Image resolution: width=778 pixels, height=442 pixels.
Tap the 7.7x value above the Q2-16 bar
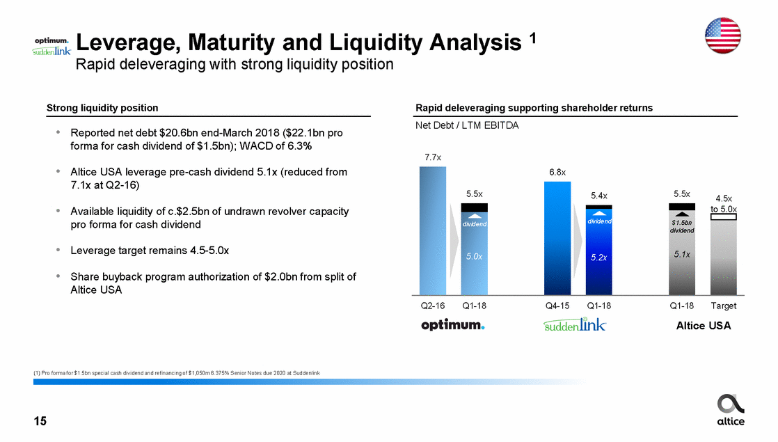[433, 158]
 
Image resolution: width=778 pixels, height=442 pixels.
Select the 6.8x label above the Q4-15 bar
[557, 172]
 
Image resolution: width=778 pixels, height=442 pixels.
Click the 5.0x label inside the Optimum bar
[475, 256]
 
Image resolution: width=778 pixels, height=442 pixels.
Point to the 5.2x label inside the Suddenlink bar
[598, 257]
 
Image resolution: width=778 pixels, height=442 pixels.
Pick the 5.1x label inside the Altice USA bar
[681, 255]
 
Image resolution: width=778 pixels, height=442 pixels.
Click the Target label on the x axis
[724, 306]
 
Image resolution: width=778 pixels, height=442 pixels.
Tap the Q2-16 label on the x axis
[433, 306]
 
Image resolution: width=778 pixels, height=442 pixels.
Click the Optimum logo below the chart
[453, 325]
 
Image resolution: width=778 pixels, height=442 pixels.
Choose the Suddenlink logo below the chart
[575, 325]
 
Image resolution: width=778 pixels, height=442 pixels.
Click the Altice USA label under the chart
[704, 325]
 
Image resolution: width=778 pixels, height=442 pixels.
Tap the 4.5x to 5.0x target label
[724, 203]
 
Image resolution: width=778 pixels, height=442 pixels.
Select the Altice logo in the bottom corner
[730, 409]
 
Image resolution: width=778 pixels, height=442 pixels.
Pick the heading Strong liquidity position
[102, 108]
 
